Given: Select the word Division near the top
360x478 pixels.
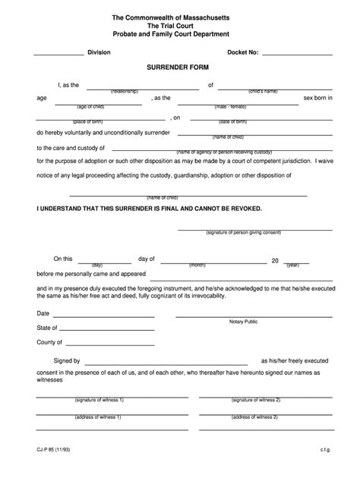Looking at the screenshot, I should [x=99, y=52].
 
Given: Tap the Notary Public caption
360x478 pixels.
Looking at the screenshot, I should [x=244, y=322].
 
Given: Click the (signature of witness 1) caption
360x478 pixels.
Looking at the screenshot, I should [x=99, y=399].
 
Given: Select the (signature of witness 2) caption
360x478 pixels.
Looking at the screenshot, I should [x=256, y=399].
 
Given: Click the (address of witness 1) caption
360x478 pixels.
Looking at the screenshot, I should [x=99, y=420].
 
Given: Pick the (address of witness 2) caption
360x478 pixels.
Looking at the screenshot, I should [x=256, y=420].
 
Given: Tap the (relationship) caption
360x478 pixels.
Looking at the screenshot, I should [x=124, y=90].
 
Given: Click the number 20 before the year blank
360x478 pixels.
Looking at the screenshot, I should [x=275, y=260].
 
